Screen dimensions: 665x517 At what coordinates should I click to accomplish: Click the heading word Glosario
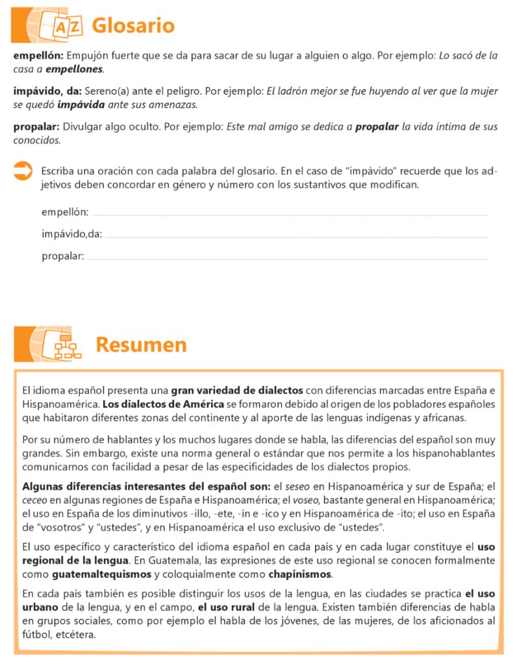click(x=133, y=26)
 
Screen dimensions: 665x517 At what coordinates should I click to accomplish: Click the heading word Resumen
click(x=141, y=345)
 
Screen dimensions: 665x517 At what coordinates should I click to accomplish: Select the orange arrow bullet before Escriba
click(x=23, y=172)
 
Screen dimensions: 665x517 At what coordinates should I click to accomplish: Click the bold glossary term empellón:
click(x=38, y=56)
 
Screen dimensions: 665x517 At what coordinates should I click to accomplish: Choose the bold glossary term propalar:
click(x=36, y=127)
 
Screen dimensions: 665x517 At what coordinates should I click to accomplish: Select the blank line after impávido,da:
click(x=296, y=236)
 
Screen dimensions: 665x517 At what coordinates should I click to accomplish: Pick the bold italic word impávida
click(x=81, y=104)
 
